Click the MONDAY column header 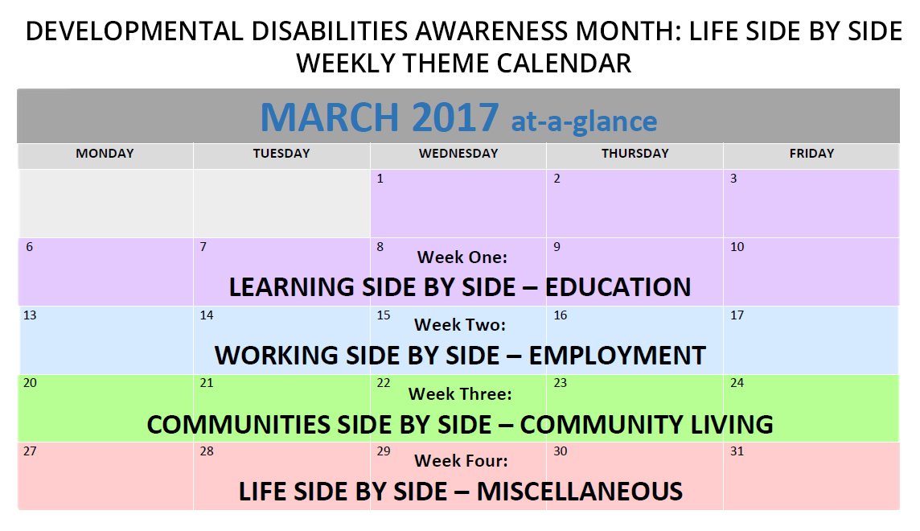tap(105, 154)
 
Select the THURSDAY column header tap(635, 154)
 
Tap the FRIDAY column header tap(811, 154)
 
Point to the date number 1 tap(380, 179)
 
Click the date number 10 tap(737, 247)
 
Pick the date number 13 tap(30, 315)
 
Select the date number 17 tap(737, 315)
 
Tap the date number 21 tap(207, 383)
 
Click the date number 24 tap(737, 383)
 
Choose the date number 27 tap(30, 451)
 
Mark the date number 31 tap(737, 451)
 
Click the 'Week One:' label tap(462, 257)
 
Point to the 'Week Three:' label tap(460, 394)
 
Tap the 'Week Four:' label tap(461, 462)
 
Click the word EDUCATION tap(618, 287)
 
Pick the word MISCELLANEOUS tap(579, 492)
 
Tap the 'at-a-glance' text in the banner tap(584, 121)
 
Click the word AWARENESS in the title tap(493, 32)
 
